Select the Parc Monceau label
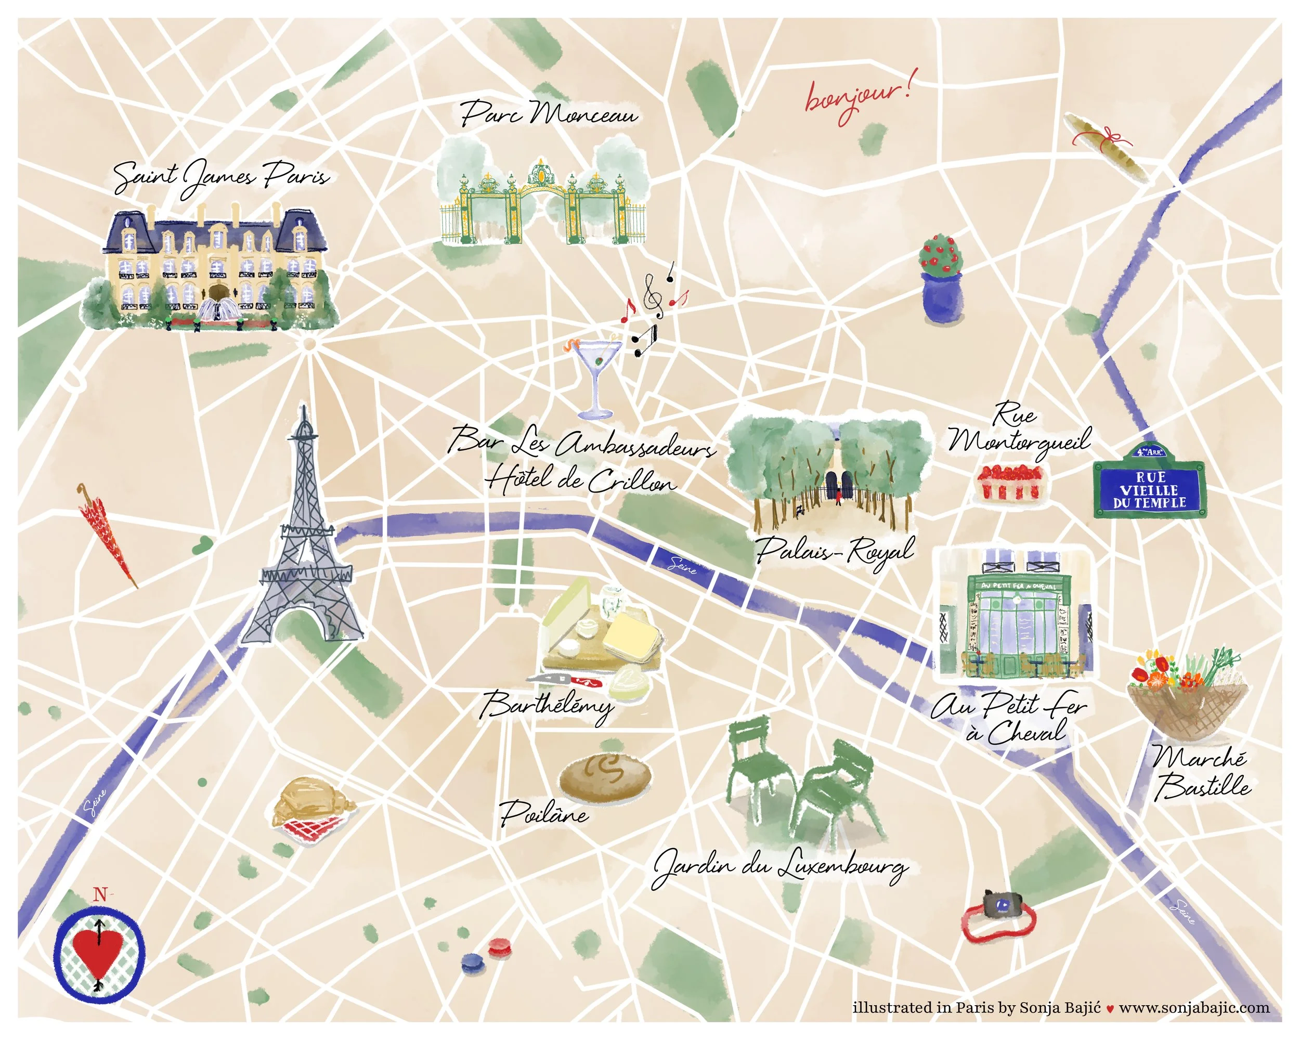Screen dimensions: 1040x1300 [549, 113]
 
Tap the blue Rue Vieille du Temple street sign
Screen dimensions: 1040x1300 [1149, 488]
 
